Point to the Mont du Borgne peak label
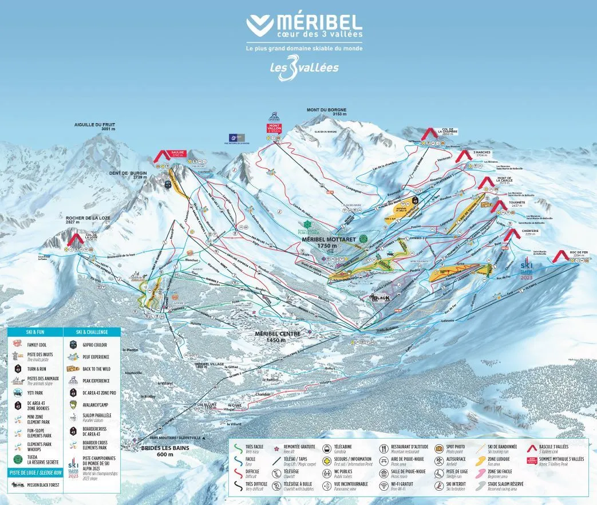tap(326, 112)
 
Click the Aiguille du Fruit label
tap(97, 127)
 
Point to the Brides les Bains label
tap(165, 450)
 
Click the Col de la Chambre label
tap(449, 132)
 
